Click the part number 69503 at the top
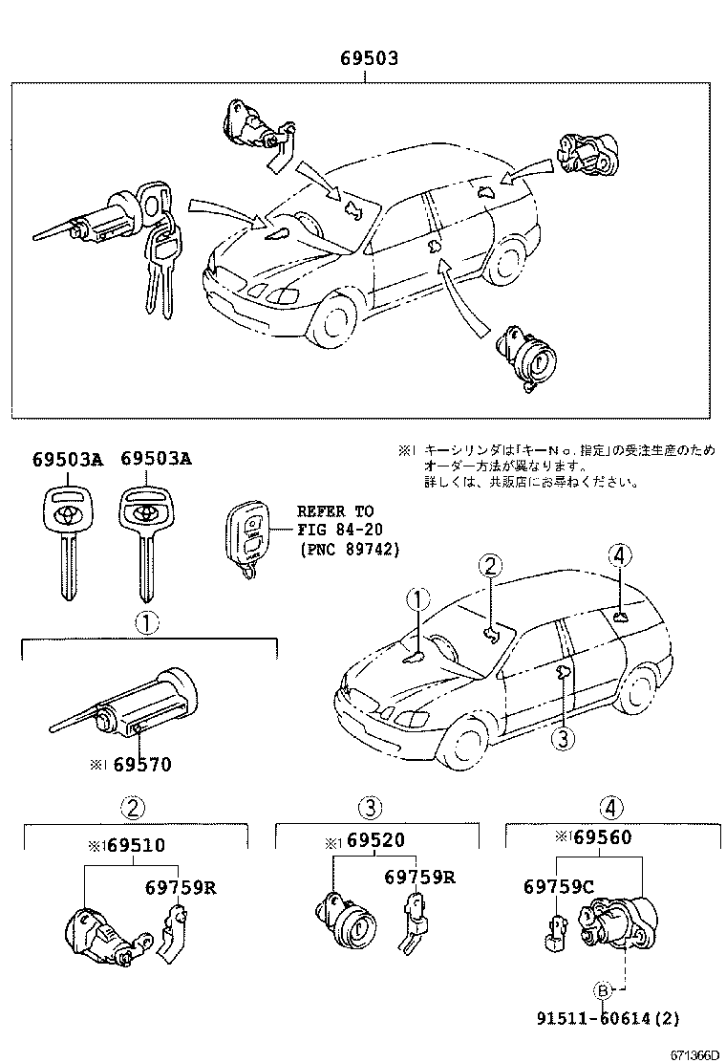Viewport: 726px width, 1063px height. tap(369, 59)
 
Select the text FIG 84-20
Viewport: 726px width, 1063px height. tap(335, 531)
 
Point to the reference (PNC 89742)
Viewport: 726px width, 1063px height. tap(348, 550)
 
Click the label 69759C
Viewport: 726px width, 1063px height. tap(559, 886)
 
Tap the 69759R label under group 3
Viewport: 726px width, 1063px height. tap(419, 877)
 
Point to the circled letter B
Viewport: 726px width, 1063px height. tap(603, 989)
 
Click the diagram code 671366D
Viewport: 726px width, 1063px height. tap(694, 1052)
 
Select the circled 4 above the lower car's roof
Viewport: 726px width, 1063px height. tap(619, 554)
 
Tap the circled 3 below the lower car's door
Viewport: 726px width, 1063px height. tap(565, 737)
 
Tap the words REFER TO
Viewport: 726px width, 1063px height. tap(335, 511)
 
